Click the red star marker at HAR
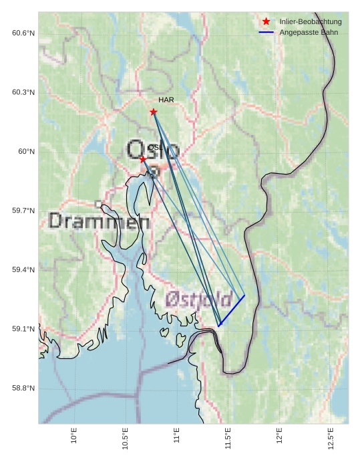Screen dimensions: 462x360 154,112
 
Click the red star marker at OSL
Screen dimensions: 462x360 143,159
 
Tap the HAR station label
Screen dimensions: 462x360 166,100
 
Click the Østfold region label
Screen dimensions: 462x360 198,299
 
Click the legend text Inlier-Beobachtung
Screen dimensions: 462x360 311,22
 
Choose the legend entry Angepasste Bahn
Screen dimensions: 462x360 309,32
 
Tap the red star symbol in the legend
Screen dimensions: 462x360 266,22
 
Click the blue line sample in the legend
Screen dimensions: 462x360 266,32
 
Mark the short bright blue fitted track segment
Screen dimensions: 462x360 232,311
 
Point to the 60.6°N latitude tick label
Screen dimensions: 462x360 23,33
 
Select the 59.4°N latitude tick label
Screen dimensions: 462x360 23,269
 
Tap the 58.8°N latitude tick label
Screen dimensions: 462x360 23,388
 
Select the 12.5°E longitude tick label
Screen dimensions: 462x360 331,437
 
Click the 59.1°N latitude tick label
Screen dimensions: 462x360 23,329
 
